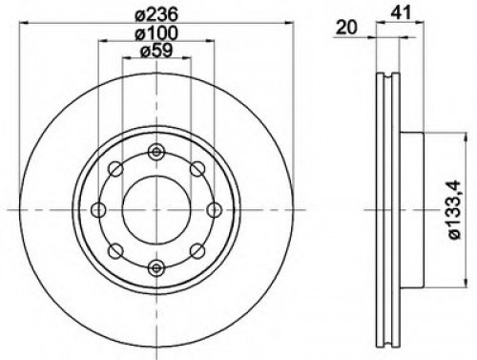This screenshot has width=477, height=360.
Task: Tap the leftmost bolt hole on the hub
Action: tap(97, 210)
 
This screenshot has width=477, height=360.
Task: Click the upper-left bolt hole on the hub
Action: tap(116, 170)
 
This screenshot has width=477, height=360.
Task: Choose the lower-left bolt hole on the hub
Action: tap(116, 250)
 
